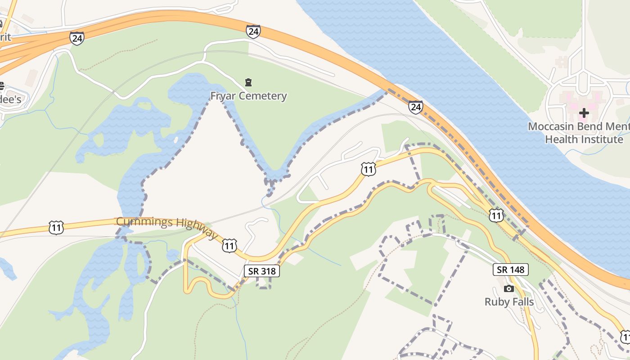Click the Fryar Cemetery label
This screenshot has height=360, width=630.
[248, 96]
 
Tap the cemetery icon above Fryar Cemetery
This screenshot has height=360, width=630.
[248, 82]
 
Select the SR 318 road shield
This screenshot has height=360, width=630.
[262, 271]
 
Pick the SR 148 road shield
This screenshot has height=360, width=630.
[510, 270]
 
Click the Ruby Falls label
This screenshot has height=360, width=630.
[509, 301]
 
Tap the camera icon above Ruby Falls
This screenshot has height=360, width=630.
[509, 288]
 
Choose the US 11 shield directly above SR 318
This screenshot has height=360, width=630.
[229, 246]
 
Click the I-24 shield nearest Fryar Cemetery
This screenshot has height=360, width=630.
[253, 31]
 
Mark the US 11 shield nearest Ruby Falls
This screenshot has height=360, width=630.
[496, 216]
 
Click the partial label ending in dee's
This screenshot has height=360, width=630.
[10, 99]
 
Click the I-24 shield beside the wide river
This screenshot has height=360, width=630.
[415, 107]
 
